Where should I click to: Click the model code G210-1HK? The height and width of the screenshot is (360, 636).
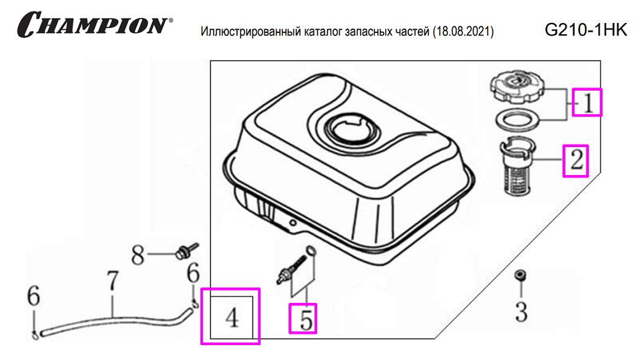[586, 30]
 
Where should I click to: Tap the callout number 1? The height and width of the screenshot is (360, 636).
[588, 102]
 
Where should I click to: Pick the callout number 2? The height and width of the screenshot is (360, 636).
[576, 160]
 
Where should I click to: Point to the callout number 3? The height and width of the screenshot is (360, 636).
[521, 312]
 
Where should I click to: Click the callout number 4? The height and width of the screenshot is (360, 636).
[233, 317]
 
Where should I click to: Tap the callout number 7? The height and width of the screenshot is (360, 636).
[112, 281]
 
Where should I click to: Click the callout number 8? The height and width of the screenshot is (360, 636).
[138, 255]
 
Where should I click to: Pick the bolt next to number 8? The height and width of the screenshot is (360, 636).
[186, 250]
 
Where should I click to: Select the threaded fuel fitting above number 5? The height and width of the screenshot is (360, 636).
[291, 269]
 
